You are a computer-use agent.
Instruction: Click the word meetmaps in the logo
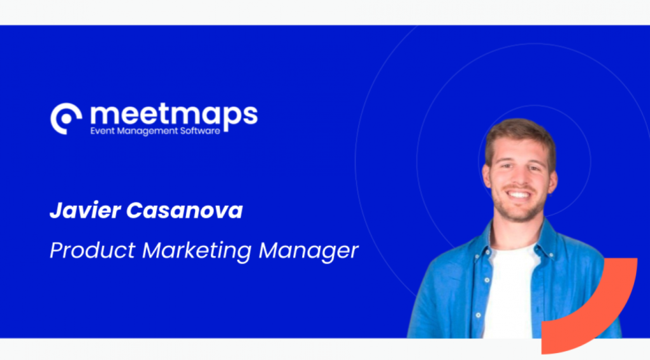pos(174,116)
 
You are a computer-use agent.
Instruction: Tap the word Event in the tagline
pos(102,131)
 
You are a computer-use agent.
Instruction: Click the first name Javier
pos(85,211)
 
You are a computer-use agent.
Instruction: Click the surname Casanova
pos(185,211)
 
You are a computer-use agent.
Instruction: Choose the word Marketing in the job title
pos(197,251)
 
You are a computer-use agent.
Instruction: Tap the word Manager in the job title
pos(308,251)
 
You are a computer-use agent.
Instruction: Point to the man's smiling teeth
pos(519,194)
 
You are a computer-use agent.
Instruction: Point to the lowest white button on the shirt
pos(478,315)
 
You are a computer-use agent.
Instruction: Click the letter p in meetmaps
pos(231,119)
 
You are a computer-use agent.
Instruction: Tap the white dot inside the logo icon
pos(66,119)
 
